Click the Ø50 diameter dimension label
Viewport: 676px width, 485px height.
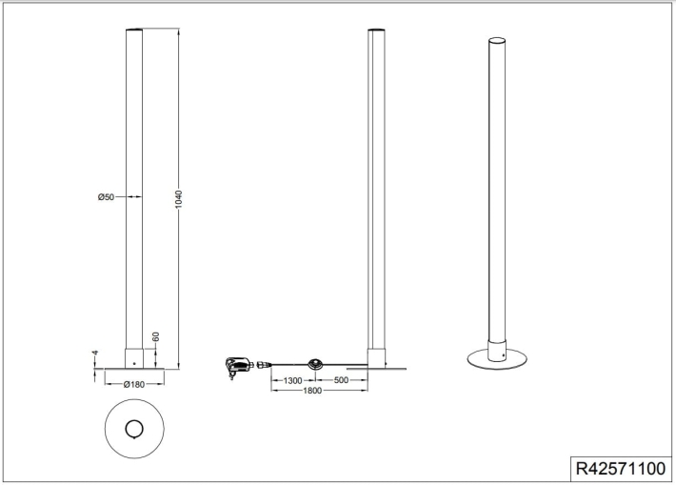pos(106,197)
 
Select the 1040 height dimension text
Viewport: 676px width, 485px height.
pos(178,199)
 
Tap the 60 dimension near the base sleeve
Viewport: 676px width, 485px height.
pos(155,336)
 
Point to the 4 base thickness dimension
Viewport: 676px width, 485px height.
pos(95,353)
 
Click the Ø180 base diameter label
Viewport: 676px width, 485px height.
pos(134,384)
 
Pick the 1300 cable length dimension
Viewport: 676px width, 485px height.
pos(292,380)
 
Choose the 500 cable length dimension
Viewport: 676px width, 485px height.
pos(341,380)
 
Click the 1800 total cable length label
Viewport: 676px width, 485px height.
pos(312,391)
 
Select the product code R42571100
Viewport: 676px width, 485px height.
pos(621,468)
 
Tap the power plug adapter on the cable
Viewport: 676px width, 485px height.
pos(237,366)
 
